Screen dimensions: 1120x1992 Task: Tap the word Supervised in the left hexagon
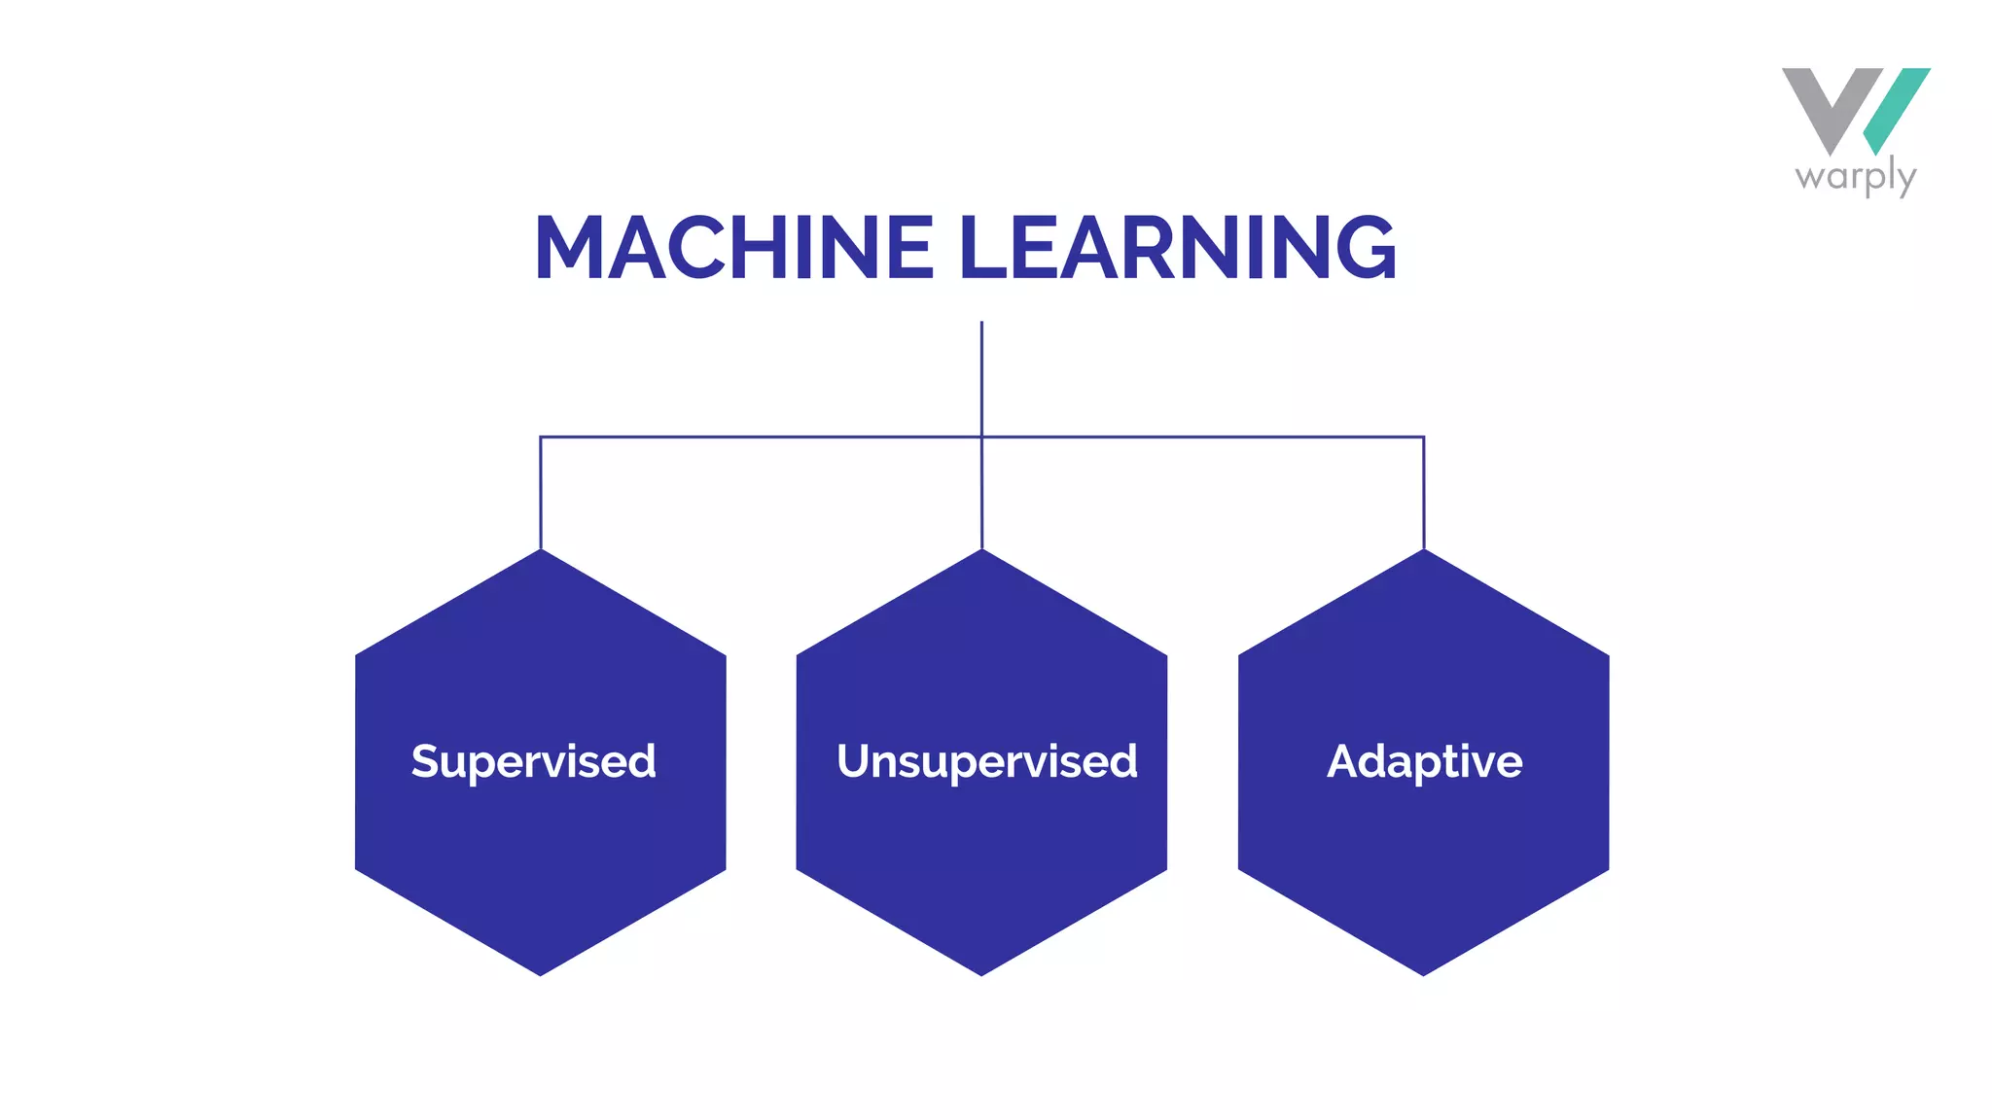click(533, 761)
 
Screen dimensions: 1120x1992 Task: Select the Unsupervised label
click(986, 761)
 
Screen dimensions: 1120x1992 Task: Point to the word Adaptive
click(1424, 761)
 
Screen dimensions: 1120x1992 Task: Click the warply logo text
click(1855, 178)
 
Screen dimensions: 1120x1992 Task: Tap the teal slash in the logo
click(1898, 109)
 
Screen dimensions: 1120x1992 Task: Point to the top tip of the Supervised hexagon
click(541, 552)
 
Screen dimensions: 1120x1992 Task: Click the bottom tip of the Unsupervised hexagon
click(981, 973)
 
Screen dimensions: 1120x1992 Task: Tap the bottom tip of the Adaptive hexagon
click(1423, 973)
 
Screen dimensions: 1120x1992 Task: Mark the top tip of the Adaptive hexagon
click(1424, 552)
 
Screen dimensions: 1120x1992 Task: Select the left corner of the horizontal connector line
click(541, 437)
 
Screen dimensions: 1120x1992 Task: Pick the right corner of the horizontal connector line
click(1424, 437)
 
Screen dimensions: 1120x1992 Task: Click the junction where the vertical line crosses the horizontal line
click(981, 437)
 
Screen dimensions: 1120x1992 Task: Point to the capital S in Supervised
click(425, 760)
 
